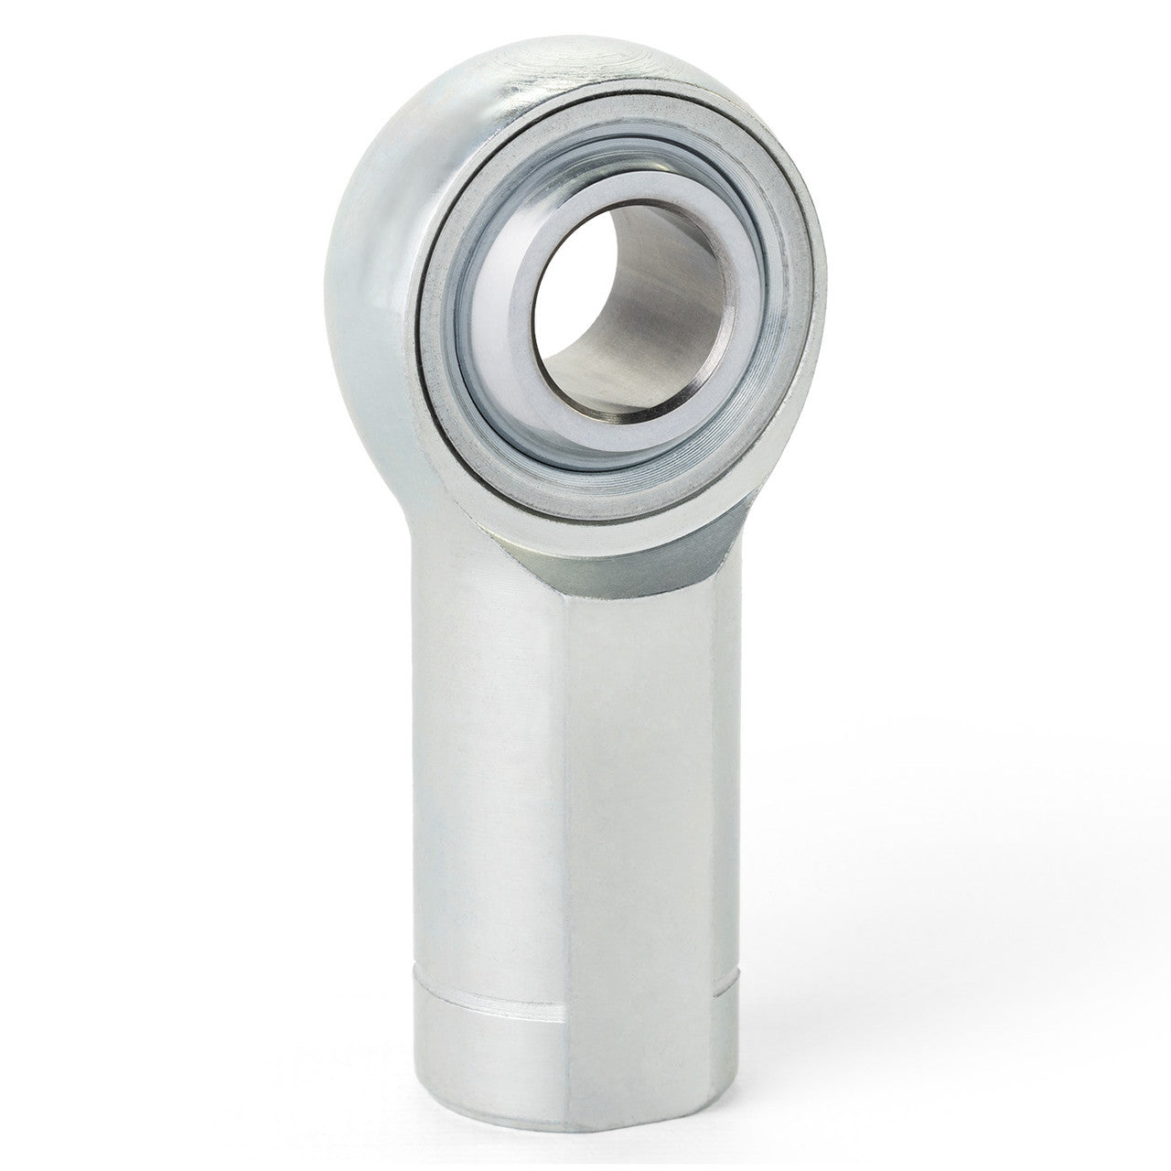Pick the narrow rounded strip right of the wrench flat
click(727, 823)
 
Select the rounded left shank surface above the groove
click(485, 778)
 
